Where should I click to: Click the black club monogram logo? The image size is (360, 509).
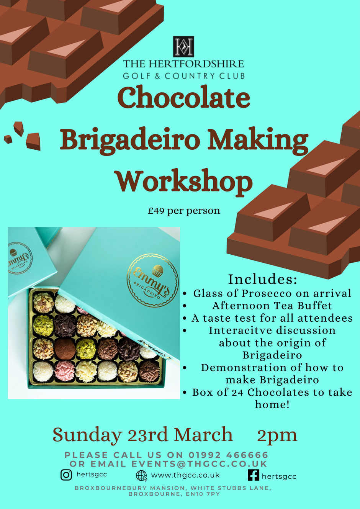tap(183, 46)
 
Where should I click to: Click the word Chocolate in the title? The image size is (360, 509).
tap(183, 97)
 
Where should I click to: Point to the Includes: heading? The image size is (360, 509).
tap(263, 279)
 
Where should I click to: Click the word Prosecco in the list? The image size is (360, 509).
tap(267, 293)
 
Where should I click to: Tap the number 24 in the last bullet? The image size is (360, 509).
tap(238, 392)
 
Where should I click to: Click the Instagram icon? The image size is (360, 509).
tap(66, 475)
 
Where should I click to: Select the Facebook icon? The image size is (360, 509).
tap(254, 475)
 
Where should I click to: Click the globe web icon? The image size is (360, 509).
tap(142, 476)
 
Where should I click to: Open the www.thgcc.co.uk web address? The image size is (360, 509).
tap(185, 475)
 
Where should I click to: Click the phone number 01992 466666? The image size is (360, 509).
tap(228, 455)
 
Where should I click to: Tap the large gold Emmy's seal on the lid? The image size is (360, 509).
tap(153, 281)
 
